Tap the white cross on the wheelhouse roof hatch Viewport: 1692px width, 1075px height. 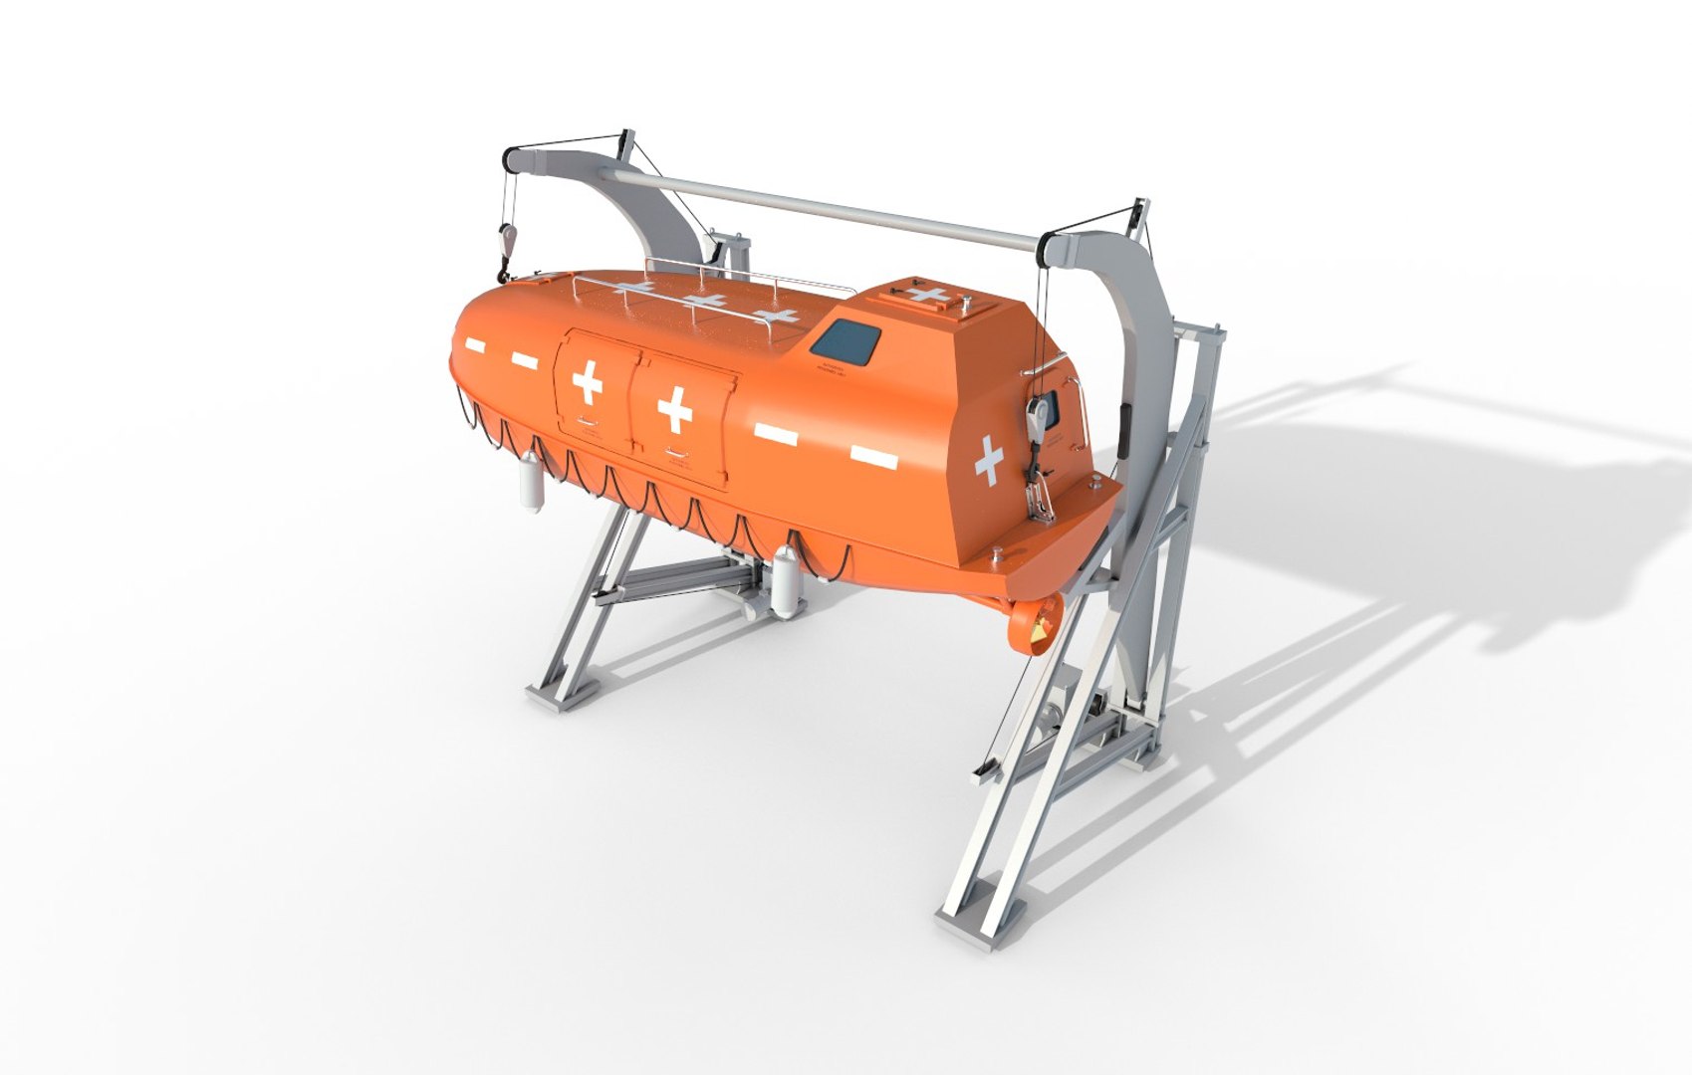click(x=928, y=295)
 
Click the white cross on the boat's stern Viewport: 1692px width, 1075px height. click(x=989, y=461)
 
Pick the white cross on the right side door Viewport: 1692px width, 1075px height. click(x=675, y=407)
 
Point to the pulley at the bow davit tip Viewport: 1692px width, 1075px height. click(x=512, y=157)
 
